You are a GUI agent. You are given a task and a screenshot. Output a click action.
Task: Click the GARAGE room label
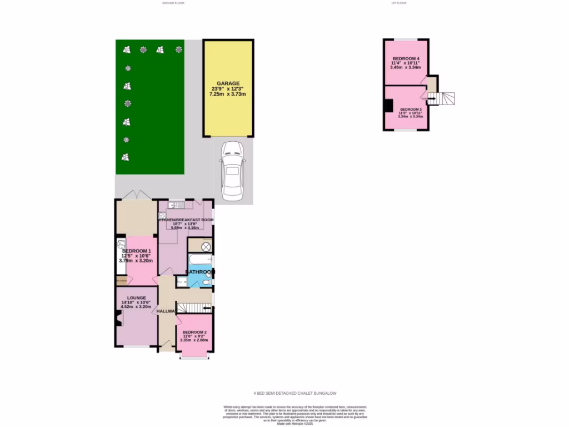pyautogui.click(x=228, y=83)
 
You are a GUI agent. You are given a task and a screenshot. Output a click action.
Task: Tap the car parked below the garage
pyautogui.click(x=232, y=170)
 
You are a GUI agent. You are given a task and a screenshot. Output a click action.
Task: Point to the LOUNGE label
pyautogui.click(x=136, y=298)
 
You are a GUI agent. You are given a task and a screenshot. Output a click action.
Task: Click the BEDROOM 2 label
pyautogui.click(x=194, y=332)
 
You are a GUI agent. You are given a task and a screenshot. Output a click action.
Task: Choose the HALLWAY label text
pyautogui.click(x=166, y=311)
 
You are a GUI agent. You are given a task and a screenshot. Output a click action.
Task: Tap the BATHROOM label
pyautogui.click(x=199, y=272)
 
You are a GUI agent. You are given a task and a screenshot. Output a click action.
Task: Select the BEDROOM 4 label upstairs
pyautogui.click(x=406, y=59)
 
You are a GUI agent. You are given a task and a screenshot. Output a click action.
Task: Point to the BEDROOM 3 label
pyautogui.click(x=411, y=109)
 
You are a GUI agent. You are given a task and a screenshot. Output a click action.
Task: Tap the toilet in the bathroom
pyautogui.click(x=206, y=282)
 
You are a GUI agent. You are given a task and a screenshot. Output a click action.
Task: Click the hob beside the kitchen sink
pyautogui.click(x=163, y=216)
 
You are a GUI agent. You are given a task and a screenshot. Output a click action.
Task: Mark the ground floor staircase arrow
pyautogui.click(x=194, y=307)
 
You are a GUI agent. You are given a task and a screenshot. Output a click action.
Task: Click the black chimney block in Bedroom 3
pyautogui.click(x=388, y=106)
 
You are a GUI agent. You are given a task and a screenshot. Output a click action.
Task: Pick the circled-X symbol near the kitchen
pyautogui.click(x=206, y=246)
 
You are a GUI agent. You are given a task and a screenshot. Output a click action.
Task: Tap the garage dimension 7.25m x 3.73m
pyautogui.click(x=228, y=95)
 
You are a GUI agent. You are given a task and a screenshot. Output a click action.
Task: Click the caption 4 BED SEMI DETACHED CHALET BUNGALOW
pyautogui.click(x=295, y=393)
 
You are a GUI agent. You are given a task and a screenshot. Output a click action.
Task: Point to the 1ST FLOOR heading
pyautogui.click(x=399, y=3)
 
